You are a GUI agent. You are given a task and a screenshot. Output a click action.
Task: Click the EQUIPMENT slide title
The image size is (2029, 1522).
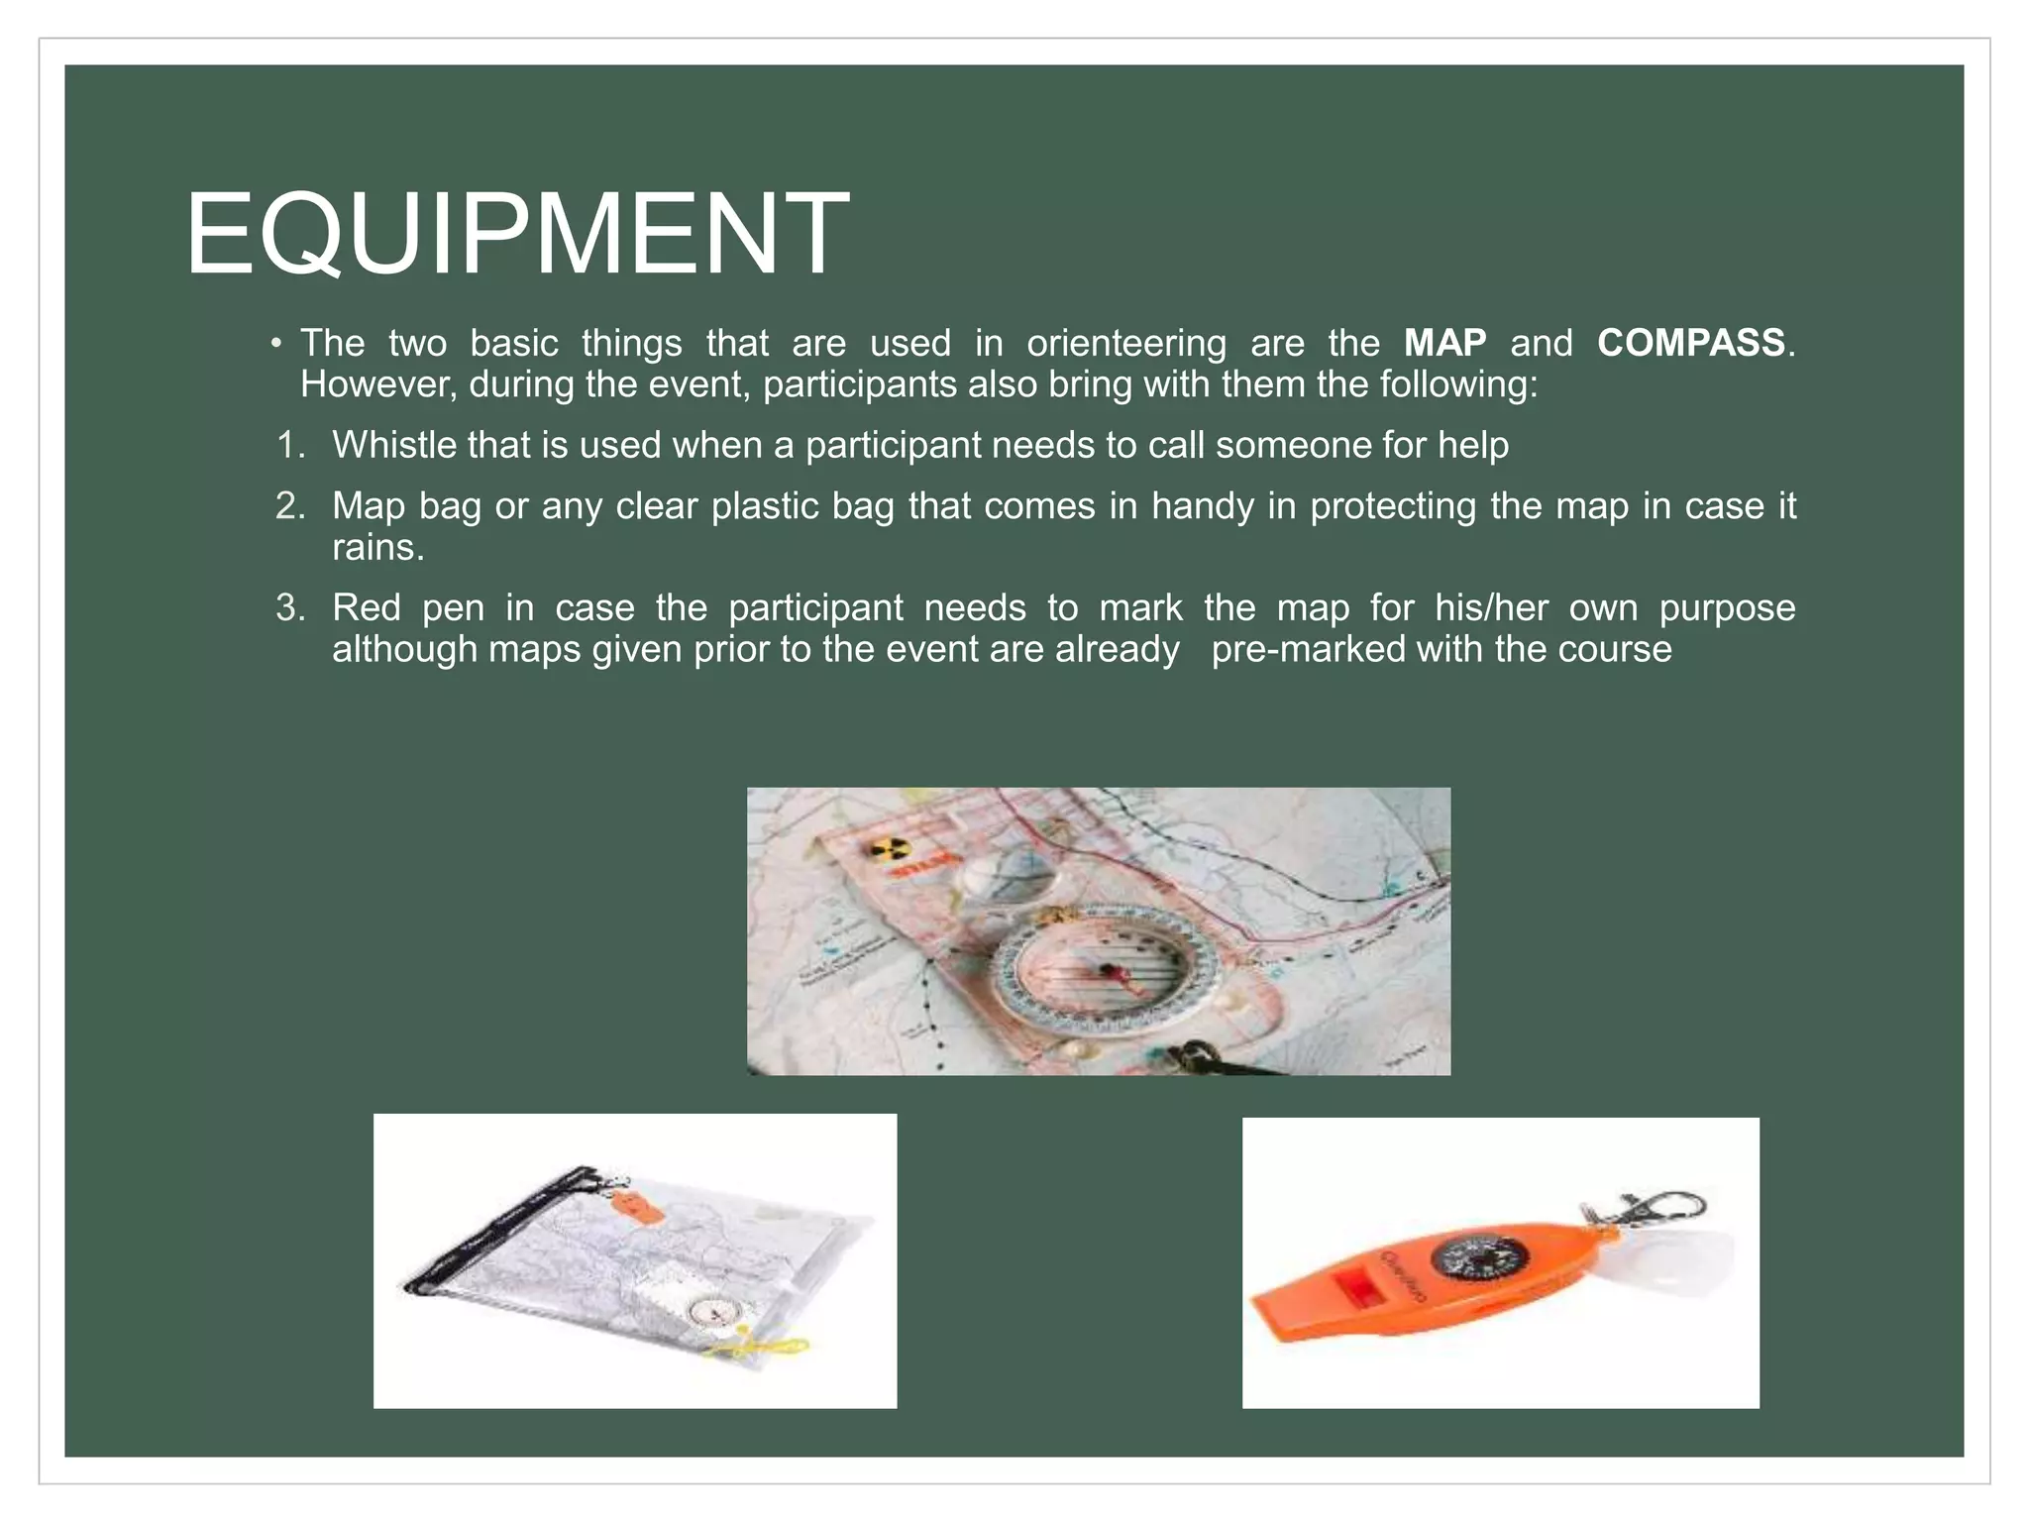tap(516, 234)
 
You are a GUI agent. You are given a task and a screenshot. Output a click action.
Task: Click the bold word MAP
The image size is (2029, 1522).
tap(1444, 343)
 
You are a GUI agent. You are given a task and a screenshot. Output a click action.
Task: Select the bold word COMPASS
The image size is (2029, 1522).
tap(1690, 343)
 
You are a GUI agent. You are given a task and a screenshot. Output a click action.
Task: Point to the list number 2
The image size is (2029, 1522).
tap(289, 506)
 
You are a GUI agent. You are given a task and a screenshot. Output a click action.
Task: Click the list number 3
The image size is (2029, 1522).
tap(289, 607)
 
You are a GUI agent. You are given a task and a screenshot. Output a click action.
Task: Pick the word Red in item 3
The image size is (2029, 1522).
tap(366, 607)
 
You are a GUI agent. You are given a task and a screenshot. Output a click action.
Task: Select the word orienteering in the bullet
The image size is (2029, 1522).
tap(1125, 343)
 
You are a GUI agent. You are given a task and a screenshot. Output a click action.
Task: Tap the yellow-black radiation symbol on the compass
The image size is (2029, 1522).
tap(887, 848)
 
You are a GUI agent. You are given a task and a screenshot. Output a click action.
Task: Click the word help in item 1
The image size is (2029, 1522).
tap(1473, 445)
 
